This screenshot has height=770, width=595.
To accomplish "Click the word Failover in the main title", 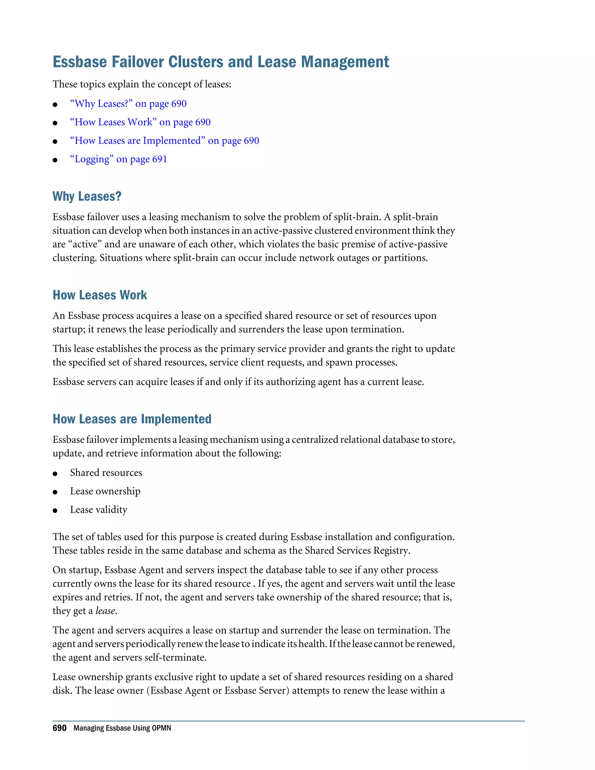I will click(137, 62).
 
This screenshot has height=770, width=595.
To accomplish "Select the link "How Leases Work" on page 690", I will click(140, 122).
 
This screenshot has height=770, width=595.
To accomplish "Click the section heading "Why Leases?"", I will click(87, 196).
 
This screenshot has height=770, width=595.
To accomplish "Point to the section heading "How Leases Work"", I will click(100, 295).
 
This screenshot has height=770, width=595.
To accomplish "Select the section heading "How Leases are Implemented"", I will click(132, 419).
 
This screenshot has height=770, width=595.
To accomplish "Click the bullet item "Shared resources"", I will click(106, 473).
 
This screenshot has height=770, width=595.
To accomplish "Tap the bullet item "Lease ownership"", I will click(105, 491).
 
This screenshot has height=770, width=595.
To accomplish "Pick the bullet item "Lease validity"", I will click(99, 510).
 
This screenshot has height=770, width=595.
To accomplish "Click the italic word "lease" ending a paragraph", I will click(105, 611).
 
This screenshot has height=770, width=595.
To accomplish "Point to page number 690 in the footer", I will click(60, 728).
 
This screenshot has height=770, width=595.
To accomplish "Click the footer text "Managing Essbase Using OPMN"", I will click(122, 728).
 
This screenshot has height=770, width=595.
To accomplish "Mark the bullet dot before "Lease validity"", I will click(55, 511).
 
